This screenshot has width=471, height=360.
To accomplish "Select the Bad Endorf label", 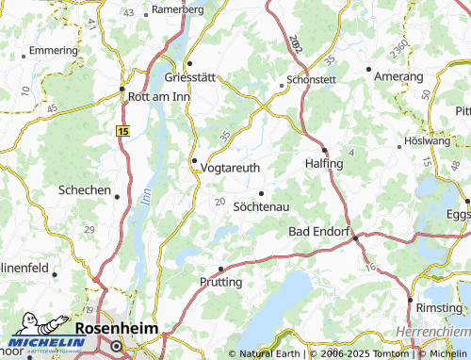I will click(x=319, y=231).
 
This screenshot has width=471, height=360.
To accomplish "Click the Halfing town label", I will click(x=325, y=163).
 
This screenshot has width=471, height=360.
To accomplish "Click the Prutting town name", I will click(x=221, y=282).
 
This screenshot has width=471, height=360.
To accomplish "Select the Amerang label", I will click(x=399, y=75).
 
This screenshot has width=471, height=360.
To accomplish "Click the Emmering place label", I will click(x=54, y=49).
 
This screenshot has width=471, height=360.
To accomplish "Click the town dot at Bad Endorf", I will click(x=355, y=237).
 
